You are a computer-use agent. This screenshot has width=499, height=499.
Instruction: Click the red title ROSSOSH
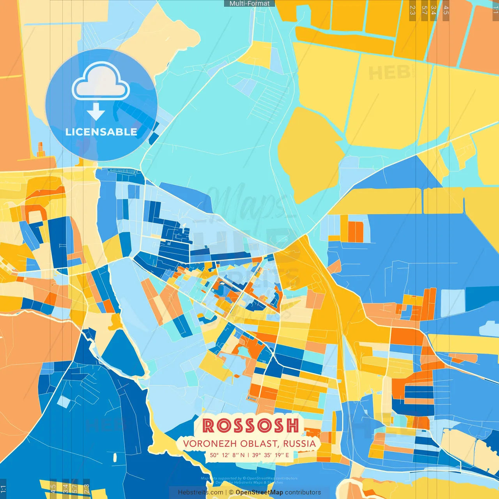click(x=251, y=425)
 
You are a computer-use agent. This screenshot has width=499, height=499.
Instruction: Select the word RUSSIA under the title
click(x=299, y=444)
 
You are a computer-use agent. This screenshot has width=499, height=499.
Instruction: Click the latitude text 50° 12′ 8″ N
click(x=227, y=455)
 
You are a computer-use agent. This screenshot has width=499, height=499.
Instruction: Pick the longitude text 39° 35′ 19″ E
click(x=271, y=455)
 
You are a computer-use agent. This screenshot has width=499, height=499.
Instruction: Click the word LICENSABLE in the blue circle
click(x=101, y=132)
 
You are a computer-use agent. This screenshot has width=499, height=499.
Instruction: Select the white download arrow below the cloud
click(x=96, y=112)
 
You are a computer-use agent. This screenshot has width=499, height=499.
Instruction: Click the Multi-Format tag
click(x=249, y=4)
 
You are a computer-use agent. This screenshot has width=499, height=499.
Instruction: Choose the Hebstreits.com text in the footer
click(x=200, y=492)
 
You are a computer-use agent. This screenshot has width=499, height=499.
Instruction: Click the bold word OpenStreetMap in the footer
click(x=259, y=492)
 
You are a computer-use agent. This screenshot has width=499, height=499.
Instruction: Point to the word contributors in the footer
click(x=303, y=492)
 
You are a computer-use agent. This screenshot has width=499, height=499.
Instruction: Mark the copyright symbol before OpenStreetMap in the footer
click(x=231, y=492)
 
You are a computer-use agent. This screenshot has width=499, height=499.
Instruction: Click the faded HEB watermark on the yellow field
click(x=389, y=73)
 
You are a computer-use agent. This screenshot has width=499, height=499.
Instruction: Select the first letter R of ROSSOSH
click(x=208, y=425)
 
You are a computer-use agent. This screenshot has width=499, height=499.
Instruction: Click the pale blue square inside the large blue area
click(x=453, y=303)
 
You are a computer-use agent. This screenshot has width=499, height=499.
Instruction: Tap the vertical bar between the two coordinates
click(x=248, y=455)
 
